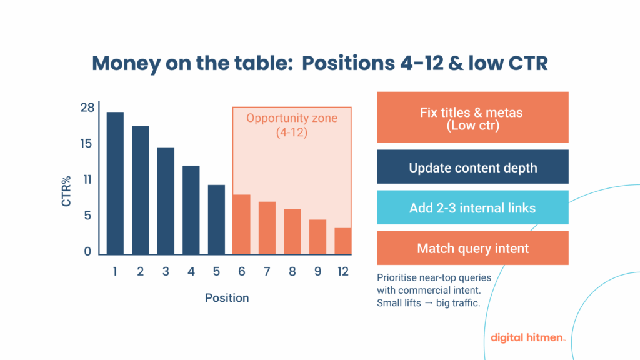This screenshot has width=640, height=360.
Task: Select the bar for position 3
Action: (x=166, y=201)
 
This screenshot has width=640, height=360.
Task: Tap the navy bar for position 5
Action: (x=216, y=219)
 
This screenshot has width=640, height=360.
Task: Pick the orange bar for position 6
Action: (x=241, y=224)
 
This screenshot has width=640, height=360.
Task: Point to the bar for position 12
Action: (x=342, y=241)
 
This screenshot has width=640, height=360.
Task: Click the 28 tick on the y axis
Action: (x=87, y=107)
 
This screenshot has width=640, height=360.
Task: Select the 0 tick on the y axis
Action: (x=87, y=252)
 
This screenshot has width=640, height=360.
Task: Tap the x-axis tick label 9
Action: (x=317, y=272)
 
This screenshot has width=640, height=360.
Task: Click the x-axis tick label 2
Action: (x=140, y=272)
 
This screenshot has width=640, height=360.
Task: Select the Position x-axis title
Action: (x=227, y=298)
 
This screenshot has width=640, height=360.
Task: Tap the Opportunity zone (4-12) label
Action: (x=292, y=124)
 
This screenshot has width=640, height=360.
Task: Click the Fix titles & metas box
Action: (x=472, y=117)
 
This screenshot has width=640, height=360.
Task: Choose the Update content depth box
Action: (x=472, y=167)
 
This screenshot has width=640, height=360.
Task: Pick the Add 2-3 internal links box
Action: (x=472, y=207)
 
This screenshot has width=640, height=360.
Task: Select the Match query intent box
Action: (x=472, y=248)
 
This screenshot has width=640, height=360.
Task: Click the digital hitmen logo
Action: (x=529, y=337)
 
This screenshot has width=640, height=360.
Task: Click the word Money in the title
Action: (x=125, y=63)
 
